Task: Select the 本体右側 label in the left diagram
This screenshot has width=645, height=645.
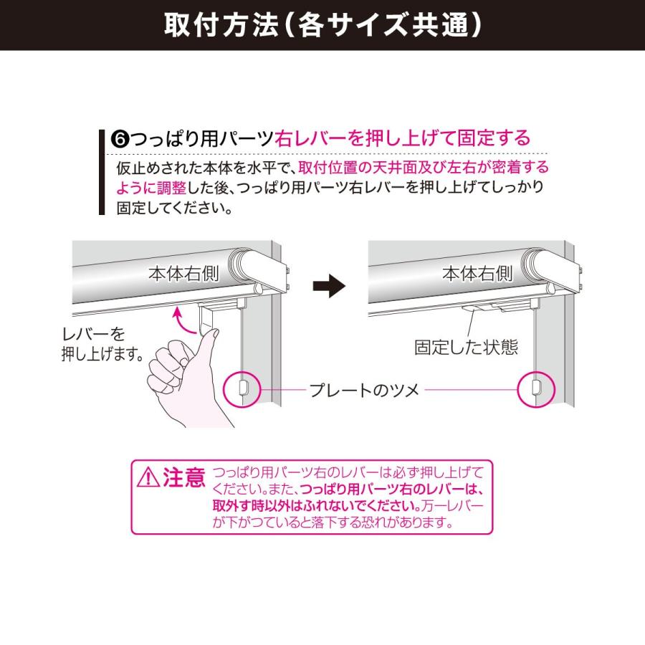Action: pos(183,274)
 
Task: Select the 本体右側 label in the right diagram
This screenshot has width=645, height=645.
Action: pos(477,274)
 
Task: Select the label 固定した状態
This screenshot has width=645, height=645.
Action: pos(466,348)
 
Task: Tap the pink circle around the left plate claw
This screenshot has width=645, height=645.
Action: pos(242,388)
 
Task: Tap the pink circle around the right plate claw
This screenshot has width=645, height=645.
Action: pos(536,388)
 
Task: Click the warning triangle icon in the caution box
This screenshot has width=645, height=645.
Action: pos(148,477)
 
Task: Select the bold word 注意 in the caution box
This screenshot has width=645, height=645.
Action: pos(183,477)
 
